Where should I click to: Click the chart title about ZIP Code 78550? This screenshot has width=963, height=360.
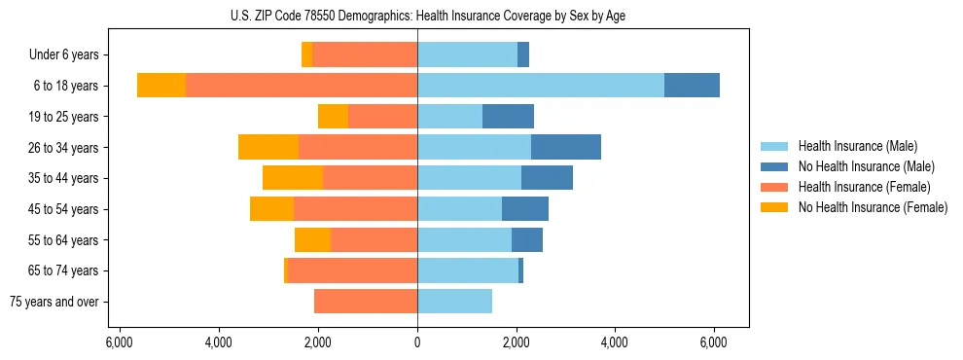[428, 15]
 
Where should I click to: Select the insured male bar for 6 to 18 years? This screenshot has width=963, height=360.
[541, 86]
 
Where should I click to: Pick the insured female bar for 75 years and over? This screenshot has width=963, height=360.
[366, 302]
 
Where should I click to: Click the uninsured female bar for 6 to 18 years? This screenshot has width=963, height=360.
[161, 86]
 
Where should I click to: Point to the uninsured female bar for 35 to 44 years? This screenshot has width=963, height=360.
[293, 178]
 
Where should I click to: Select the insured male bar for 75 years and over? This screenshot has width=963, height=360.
[454, 302]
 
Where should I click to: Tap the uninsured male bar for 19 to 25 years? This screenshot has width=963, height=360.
[508, 117]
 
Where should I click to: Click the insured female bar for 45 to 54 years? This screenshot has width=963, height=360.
[356, 209]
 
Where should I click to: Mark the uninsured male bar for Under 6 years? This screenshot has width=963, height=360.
[523, 54]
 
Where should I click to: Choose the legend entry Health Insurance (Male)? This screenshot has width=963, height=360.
[857, 146]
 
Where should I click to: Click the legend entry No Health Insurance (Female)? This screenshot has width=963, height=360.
[873, 207]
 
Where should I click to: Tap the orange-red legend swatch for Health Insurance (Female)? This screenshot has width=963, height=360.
[774, 187]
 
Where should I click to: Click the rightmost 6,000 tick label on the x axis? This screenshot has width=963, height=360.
[714, 342]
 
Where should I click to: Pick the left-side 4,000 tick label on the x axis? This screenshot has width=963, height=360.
[219, 342]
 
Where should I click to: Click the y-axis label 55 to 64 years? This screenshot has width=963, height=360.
[62, 240]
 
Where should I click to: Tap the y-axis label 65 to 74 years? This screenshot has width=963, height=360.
[62, 270]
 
